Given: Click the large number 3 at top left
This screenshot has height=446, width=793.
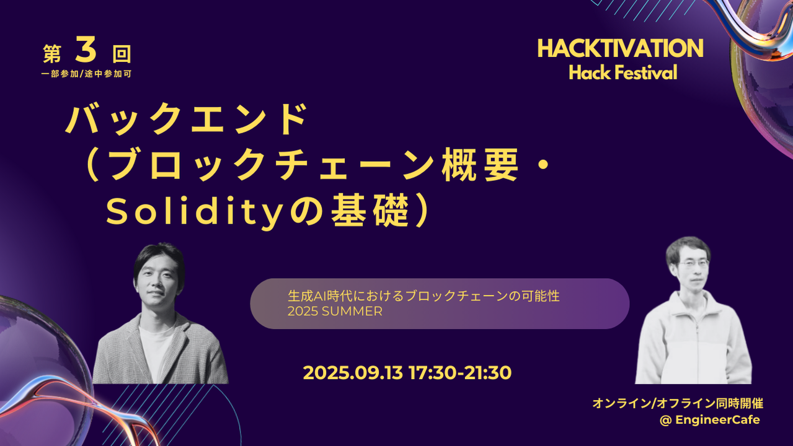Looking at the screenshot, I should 86,52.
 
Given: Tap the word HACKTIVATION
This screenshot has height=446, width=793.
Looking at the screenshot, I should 620,49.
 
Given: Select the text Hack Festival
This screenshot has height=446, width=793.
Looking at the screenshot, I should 622,73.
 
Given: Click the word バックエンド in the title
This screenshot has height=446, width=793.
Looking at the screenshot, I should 187,120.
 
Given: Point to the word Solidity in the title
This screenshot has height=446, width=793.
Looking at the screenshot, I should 198,213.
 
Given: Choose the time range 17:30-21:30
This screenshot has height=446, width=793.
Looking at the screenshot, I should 460,373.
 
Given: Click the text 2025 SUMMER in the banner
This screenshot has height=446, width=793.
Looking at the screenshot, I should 335,312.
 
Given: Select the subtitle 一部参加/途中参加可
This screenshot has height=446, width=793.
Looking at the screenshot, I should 86,73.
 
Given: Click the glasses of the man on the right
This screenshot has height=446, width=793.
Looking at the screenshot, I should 693,263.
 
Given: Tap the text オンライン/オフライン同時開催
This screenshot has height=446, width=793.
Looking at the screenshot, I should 677,403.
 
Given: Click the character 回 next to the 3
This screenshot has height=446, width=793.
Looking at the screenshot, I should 122,55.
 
